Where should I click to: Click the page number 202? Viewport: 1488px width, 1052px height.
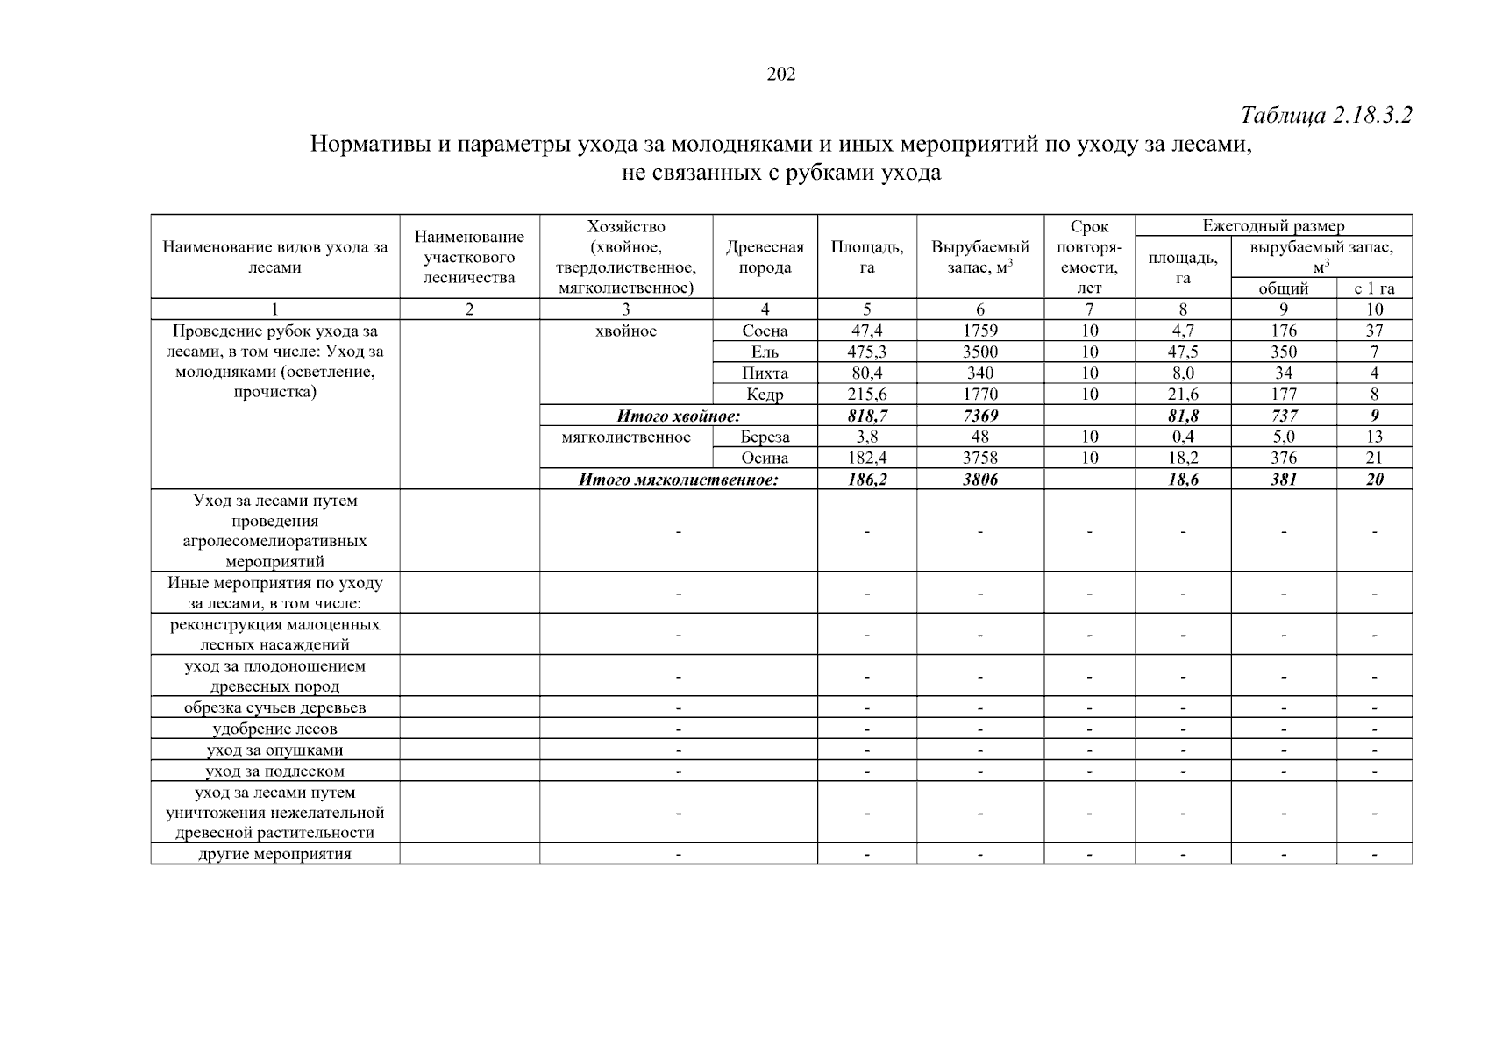click(780, 75)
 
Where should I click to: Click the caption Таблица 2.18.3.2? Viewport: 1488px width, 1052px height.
click(1326, 116)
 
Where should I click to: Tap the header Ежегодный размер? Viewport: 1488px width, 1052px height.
click(1273, 226)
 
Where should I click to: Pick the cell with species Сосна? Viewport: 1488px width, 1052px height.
click(765, 331)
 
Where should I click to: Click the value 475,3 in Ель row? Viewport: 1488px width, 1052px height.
click(867, 352)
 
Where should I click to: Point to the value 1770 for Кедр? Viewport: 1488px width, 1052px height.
click(979, 394)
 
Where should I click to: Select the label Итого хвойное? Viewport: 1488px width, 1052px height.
click(678, 416)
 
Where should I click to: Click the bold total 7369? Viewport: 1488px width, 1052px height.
click(979, 416)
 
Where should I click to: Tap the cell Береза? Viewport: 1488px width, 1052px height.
click(765, 437)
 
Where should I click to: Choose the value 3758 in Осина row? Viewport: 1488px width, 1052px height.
click(979, 458)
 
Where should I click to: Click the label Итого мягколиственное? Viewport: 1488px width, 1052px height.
click(678, 480)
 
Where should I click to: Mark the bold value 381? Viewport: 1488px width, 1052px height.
click(1284, 480)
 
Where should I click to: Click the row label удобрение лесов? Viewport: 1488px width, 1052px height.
click(274, 729)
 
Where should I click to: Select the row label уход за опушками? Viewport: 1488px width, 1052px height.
click(274, 750)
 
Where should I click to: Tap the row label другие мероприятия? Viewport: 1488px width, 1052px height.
click(274, 855)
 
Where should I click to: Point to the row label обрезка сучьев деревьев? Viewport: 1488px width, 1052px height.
click(274, 708)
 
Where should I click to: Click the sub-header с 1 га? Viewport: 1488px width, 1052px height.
click(1374, 288)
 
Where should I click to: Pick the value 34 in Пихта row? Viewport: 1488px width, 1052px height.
click(1284, 373)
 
